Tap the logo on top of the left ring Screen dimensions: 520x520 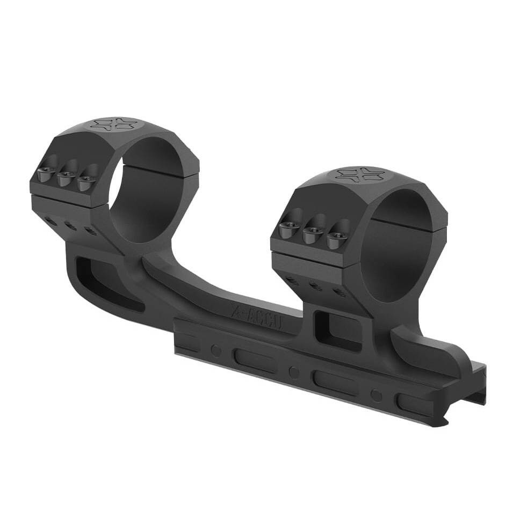pos(113,124)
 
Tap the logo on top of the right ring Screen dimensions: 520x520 pos(359,174)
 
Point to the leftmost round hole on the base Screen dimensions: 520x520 pos(216,350)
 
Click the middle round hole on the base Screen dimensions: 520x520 pos(294,372)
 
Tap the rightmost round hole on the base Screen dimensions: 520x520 pos(377,396)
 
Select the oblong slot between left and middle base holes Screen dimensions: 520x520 pos(255,361)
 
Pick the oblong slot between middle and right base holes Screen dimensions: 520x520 pos(335,383)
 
